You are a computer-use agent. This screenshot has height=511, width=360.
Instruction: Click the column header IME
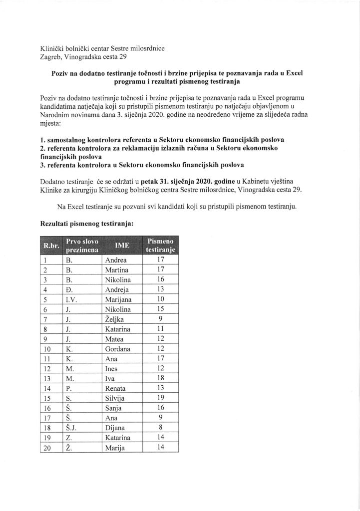coord(122,246)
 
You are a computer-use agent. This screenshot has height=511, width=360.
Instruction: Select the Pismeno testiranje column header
coord(160,246)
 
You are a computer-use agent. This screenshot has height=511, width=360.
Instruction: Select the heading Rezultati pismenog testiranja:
coord(86,224)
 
